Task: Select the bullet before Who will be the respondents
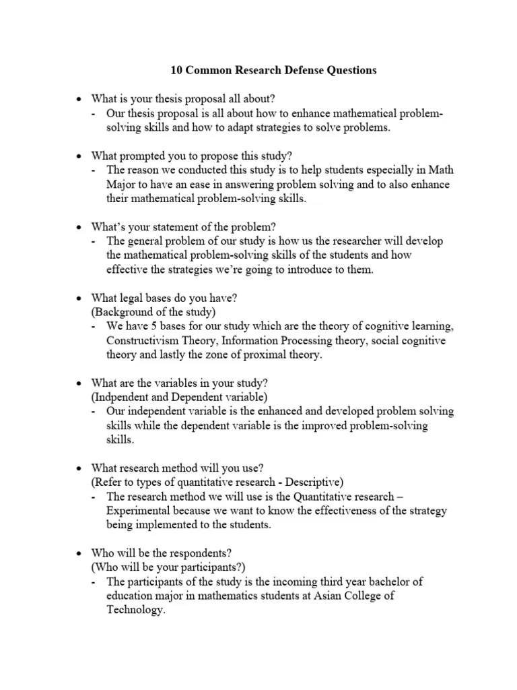pyautogui.click(x=78, y=553)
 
